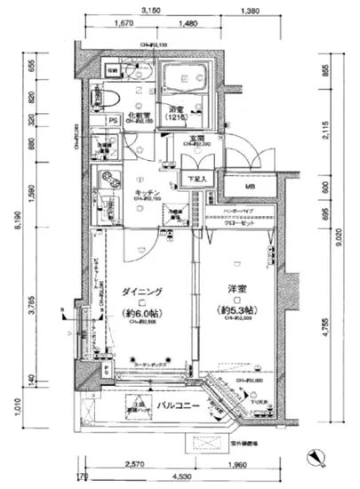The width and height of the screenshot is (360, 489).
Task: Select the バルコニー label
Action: click(177, 407)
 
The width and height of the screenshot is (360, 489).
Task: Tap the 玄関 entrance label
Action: click(196, 138)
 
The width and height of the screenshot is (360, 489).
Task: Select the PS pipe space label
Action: click(113, 120)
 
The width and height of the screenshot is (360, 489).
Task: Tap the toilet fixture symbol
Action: click(116, 94)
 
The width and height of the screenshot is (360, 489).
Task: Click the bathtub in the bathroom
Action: click(184, 79)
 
